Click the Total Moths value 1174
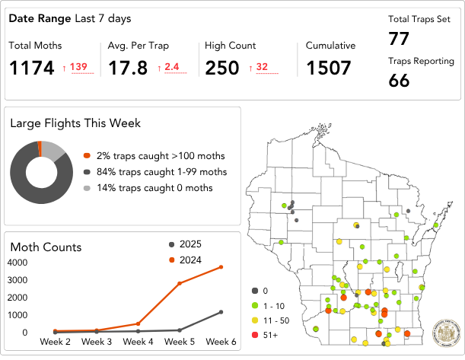pyautogui.click(x=33, y=68)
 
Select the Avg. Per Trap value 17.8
pyautogui.click(x=128, y=68)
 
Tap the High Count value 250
pyautogui.click(x=222, y=68)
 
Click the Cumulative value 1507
pyautogui.click(x=329, y=68)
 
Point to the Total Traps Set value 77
pyautogui.click(x=399, y=39)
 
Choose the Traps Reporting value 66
pyautogui.click(x=399, y=79)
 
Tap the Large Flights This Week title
pyautogui.click(x=75, y=123)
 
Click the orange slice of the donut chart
pyautogui.click(x=40, y=148)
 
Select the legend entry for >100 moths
pyautogui.click(x=148, y=155)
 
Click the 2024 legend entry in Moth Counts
pyautogui.click(x=190, y=260)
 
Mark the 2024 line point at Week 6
pyautogui.click(x=221, y=266)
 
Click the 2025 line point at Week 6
pyautogui.click(x=221, y=312)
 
